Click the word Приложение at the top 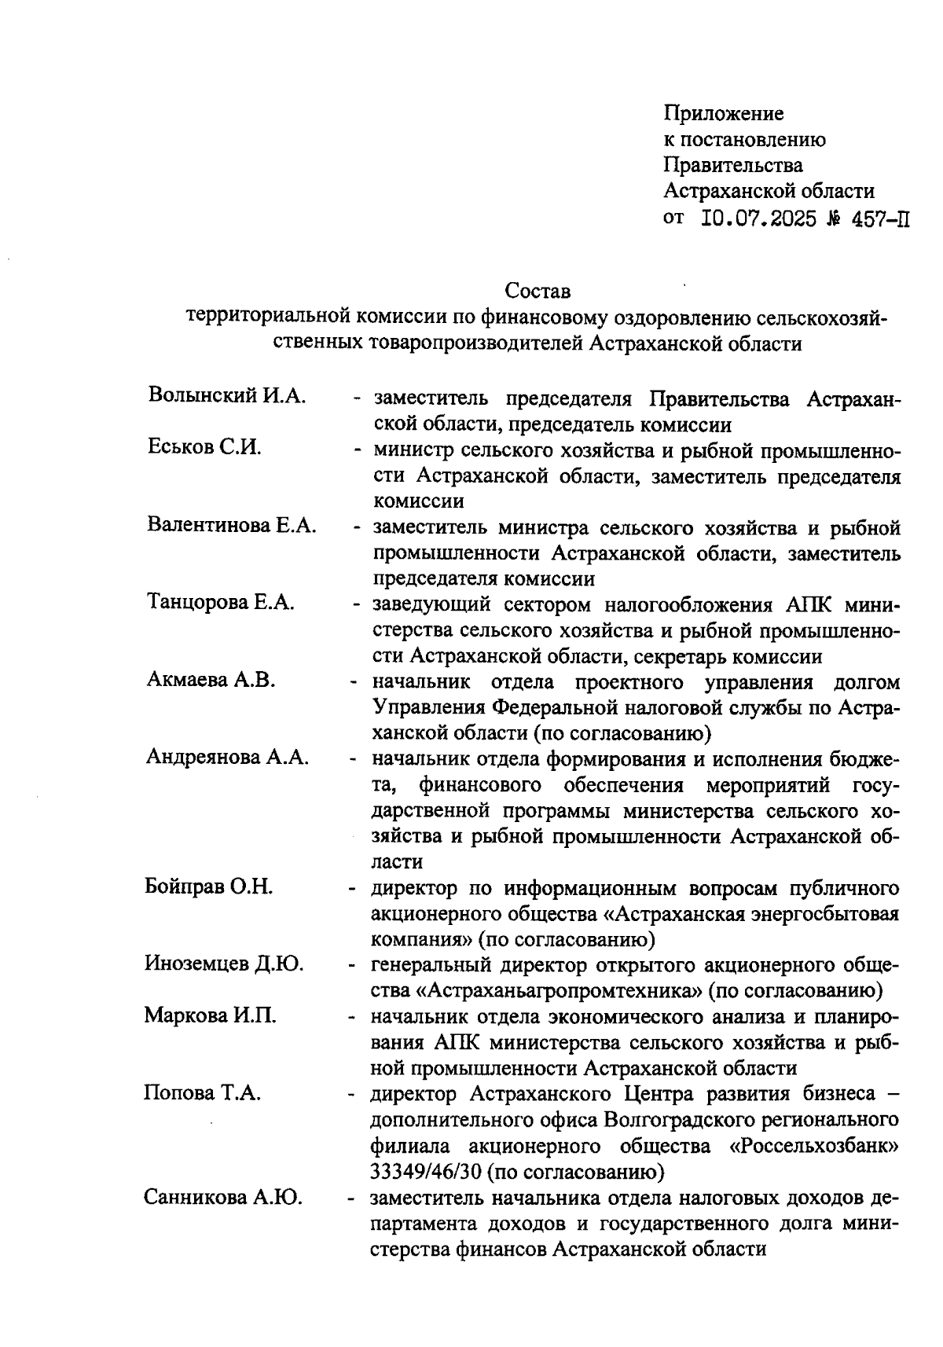[x=724, y=114]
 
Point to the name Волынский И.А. [x=226, y=396]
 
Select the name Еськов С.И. [x=205, y=448]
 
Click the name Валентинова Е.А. [x=232, y=525]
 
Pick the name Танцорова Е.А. [x=221, y=603]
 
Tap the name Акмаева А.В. [x=211, y=680]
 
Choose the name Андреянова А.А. [x=227, y=757]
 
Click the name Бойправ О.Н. [x=209, y=887]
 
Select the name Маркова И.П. [x=210, y=1015]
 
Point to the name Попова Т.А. [x=202, y=1093]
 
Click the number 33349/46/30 [x=425, y=1172]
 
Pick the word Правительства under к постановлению [x=733, y=165]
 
